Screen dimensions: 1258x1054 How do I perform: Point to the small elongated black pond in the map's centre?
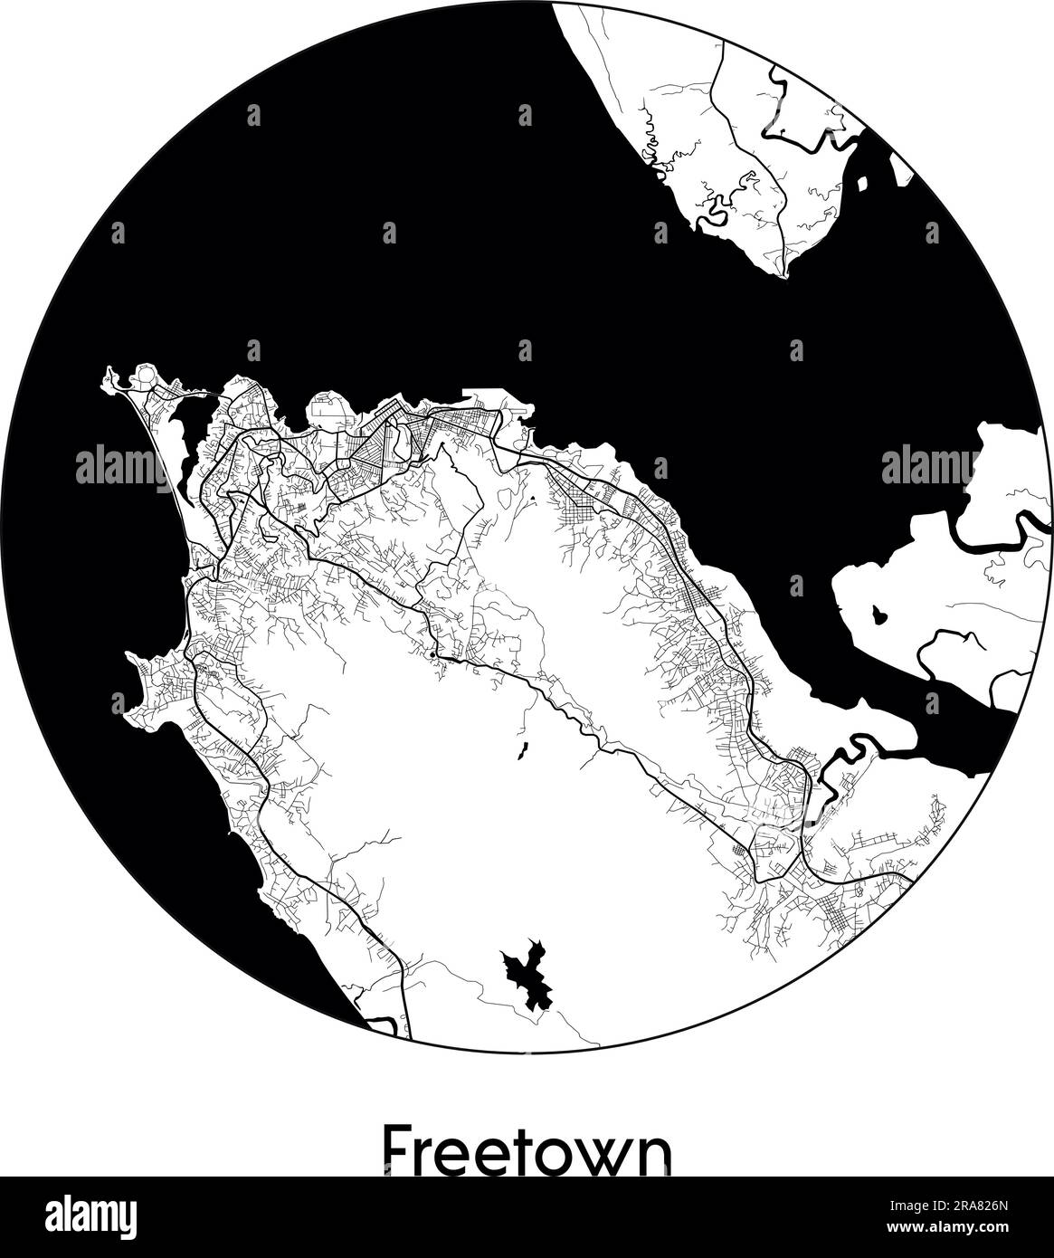(523, 750)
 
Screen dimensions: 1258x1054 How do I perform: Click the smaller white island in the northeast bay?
(860, 184)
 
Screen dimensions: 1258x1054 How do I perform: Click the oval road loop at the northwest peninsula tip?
(143, 376)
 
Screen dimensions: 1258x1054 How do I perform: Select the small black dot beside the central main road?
(433, 653)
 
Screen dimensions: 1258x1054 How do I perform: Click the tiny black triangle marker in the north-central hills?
(533, 498)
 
